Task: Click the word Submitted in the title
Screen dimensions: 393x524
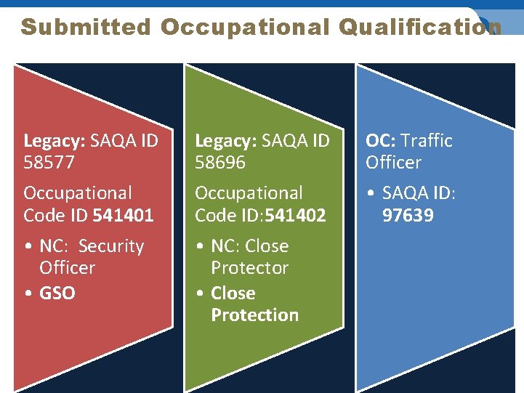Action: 85,27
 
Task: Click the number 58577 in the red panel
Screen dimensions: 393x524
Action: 49,162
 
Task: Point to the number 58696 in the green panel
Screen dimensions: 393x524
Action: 221,162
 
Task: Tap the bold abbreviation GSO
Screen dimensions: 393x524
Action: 57,293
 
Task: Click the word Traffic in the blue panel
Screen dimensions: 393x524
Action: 427,140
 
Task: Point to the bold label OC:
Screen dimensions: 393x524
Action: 381,140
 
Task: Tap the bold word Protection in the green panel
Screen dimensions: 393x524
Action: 254,315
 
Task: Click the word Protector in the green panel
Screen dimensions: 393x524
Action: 249,268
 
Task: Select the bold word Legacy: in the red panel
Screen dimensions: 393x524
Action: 55,140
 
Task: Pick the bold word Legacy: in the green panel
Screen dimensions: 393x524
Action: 226,140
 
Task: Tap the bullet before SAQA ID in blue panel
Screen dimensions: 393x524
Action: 371,194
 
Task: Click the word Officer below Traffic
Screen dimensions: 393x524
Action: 393,162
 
